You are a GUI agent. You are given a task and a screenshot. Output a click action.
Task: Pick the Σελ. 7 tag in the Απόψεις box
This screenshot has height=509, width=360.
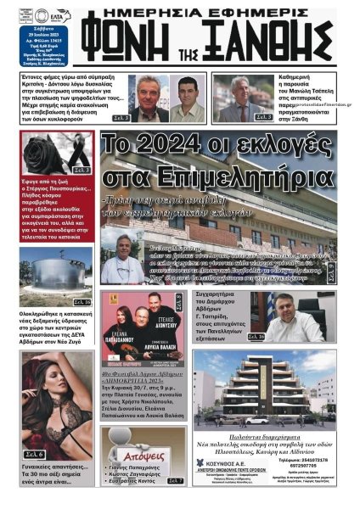click(176, 482)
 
